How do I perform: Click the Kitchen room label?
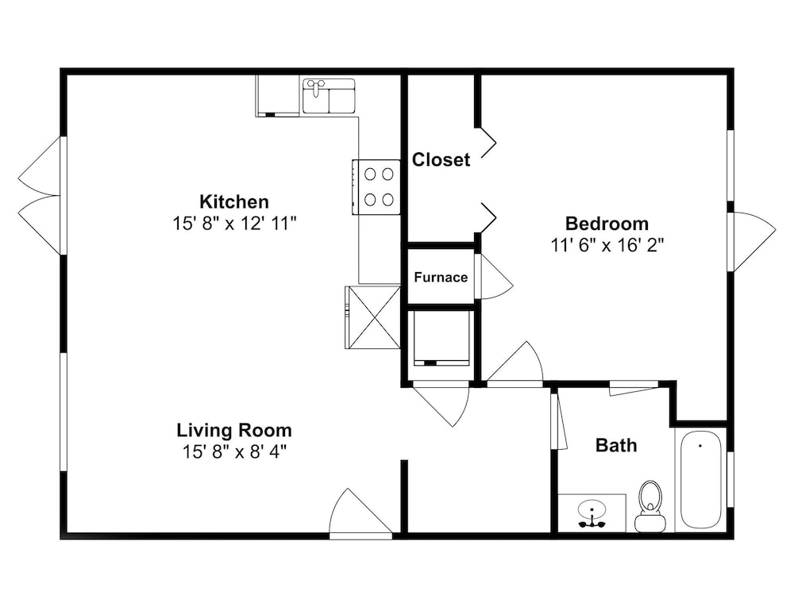point(234,202)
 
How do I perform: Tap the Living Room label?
point(234,431)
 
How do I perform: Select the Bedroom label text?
point(607,224)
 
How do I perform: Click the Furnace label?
point(441,277)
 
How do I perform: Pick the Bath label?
point(616,445)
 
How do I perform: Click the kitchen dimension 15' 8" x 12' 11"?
point(234,223)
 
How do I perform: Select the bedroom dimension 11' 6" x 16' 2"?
point(607,245)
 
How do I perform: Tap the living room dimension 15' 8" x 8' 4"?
point(234,452)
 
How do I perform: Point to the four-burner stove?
point(376,187)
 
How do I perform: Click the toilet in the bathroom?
point(650,506)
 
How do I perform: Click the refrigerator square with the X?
point(373,317)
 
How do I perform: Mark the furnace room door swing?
point(496,276)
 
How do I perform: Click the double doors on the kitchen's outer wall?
point(40,196)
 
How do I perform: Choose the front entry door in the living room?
point(360,512)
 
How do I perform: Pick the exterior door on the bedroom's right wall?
point(752,242)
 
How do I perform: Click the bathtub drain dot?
point(700,446)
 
